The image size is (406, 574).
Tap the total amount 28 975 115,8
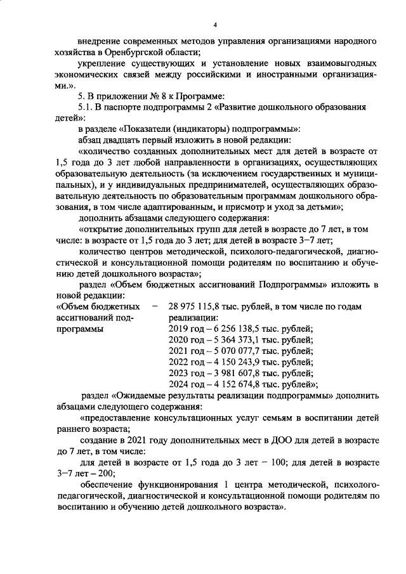tap(195, 306)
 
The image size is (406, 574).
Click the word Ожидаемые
tap(145, 395)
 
